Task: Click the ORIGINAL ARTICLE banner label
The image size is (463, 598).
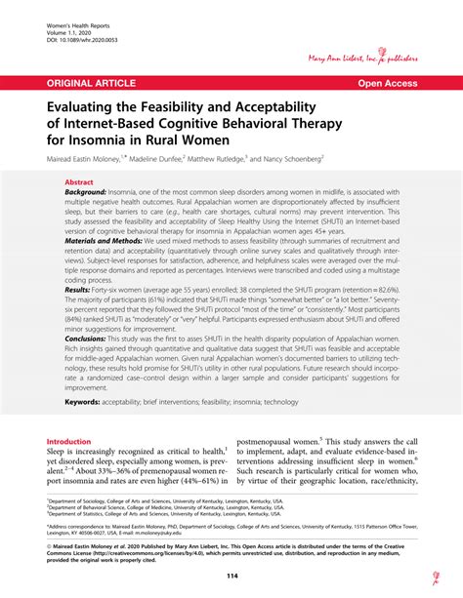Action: (89, 84)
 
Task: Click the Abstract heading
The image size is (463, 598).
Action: (79, 181)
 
